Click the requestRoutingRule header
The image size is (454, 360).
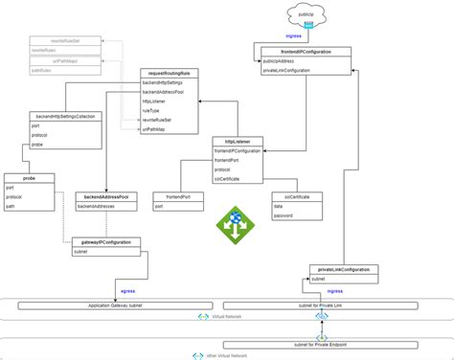click(169, 73)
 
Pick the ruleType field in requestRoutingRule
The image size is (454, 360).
click(152, 112)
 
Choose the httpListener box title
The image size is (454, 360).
click(236, 141)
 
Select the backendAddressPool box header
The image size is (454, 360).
click(106, 196)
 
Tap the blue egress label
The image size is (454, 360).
click(127, 288)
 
